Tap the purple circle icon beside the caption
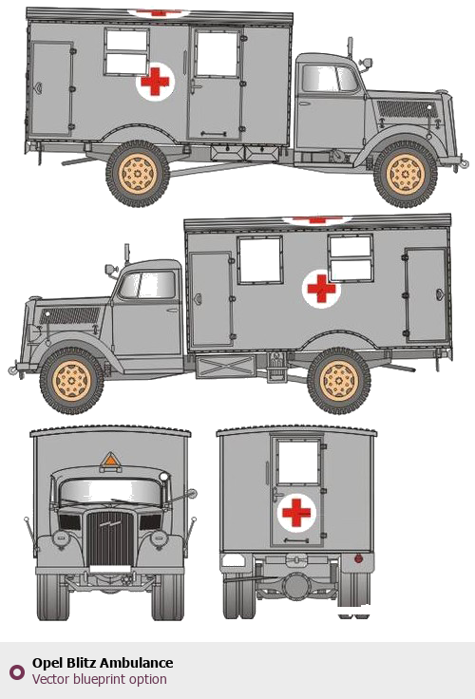[17, 671]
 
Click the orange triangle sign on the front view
[110, 460]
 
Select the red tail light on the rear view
[358, 558]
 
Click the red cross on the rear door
[296, 512]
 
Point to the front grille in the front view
[110, 538]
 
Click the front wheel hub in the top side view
[406, 175]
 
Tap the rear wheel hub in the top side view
[138, 174]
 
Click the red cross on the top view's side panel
[155, 81]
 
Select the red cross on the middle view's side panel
[321, 289]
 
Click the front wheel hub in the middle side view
[71, 381]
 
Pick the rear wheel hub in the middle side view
[339, 380]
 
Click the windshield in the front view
[110, 492]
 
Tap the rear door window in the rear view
[298, 463]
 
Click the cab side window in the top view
[330, 79]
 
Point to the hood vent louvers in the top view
[408, 109]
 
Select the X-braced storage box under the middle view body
[225, 367]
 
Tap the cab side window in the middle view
[147, 285]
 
